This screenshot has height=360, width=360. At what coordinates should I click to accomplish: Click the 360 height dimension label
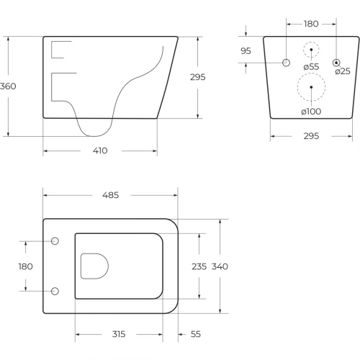[x=8, y=86]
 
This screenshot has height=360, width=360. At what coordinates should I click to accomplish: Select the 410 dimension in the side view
[x=100, y=150]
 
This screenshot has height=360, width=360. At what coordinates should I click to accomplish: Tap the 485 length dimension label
[x=110, y=195]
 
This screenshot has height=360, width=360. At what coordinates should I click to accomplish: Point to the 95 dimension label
[x=246, y=51]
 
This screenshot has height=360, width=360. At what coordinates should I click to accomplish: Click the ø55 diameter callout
[x=311, y=67]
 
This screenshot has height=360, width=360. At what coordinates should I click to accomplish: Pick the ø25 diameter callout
[x=343, y=71]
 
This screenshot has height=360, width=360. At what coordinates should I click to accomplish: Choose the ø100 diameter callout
[x=311, y=112]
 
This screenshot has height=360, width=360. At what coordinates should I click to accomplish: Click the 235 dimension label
[x=199, y=266]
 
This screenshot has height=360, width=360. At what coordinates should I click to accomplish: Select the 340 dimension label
[x=220, y=266]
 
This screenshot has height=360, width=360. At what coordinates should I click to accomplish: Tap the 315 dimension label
[x=119, y=334]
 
